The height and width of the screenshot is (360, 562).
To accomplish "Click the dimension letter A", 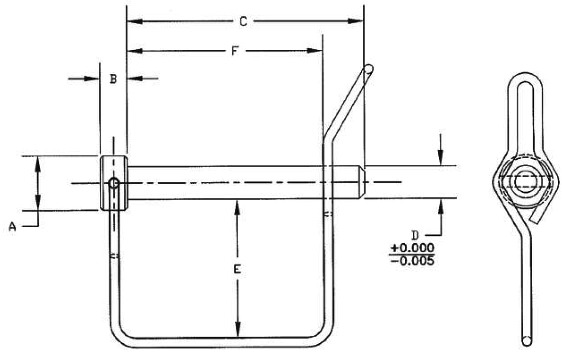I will click(13, 227).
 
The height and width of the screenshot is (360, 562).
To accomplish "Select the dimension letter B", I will click(113, 79).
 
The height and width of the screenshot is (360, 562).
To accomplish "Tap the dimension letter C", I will click(243, 21).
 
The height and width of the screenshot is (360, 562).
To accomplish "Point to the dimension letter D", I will click(415, 234).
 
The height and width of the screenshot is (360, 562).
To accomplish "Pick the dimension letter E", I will click(238, 270).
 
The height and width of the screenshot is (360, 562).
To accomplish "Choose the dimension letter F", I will click(234, 51).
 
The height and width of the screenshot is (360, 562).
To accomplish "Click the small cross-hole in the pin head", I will click(114, 183).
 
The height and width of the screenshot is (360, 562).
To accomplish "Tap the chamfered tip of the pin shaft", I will click(362, 183).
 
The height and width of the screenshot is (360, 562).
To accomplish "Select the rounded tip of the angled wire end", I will click(368, 68).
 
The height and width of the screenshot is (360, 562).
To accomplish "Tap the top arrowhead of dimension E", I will click(238, 206).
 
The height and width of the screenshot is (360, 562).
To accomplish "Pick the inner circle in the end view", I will click(524, 181).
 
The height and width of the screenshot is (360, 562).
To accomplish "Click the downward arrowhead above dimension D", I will click(440, 160).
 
